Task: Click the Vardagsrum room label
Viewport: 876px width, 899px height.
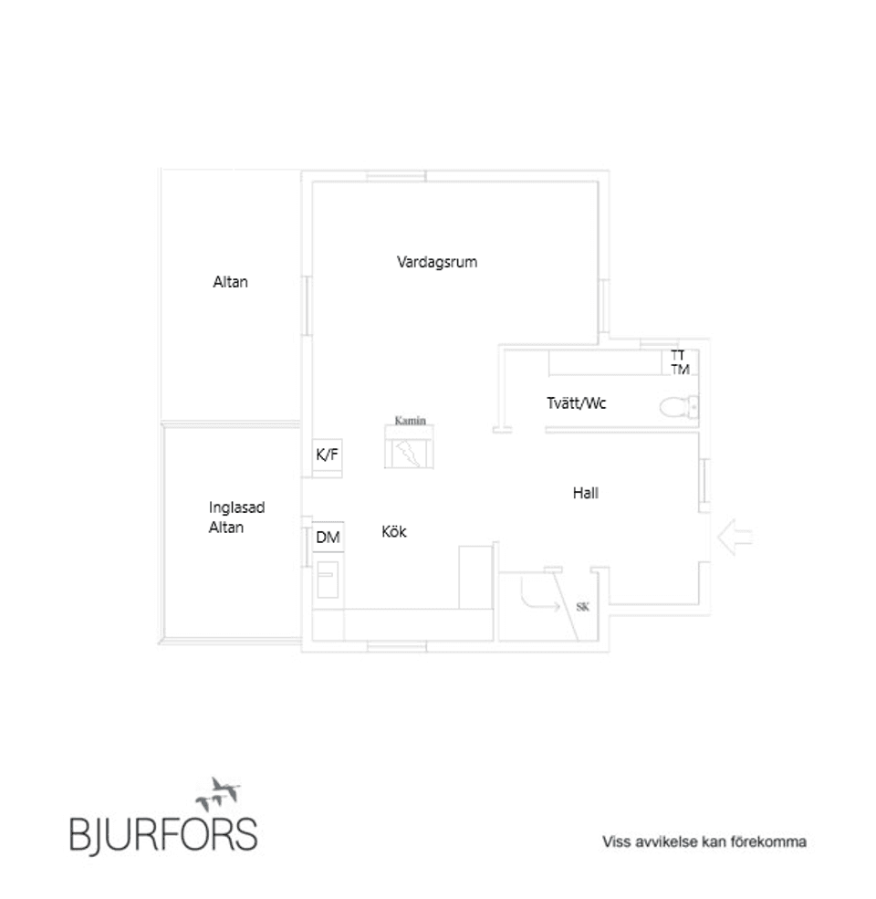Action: pyautogui.click(x=437, y=262)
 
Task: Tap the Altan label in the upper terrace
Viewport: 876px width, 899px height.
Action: pyautogui.click(x=231, y=282)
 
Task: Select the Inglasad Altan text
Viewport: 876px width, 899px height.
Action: pyautogui.click(x=236, y=517)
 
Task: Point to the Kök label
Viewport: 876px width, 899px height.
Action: pyautogui.click(x=394, y=531)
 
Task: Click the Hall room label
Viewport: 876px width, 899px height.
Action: pyautogui.click(x=585, y=493)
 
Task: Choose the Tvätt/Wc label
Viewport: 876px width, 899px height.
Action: pyautogui.click(x=576, y=403)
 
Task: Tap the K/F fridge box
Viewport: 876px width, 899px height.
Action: pyautogui.click(x=328, y=457)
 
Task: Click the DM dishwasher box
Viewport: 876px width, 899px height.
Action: pyautogui.click(x=328, y=538)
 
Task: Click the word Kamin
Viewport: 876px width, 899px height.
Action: pyautogui.click(x=411, y=420)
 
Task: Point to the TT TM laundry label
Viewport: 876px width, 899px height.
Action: pyautogui.click(x=680, y=362)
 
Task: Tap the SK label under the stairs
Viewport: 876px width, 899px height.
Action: pyautogui.click(x=582, y=607)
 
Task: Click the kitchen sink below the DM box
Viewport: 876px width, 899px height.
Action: pyautogui.click(x=328, y=579)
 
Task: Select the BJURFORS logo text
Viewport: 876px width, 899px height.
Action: pyautogui.click(x=163, y=834)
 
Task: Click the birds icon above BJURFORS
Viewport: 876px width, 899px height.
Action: pyautogui.click(x=218, y=794)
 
